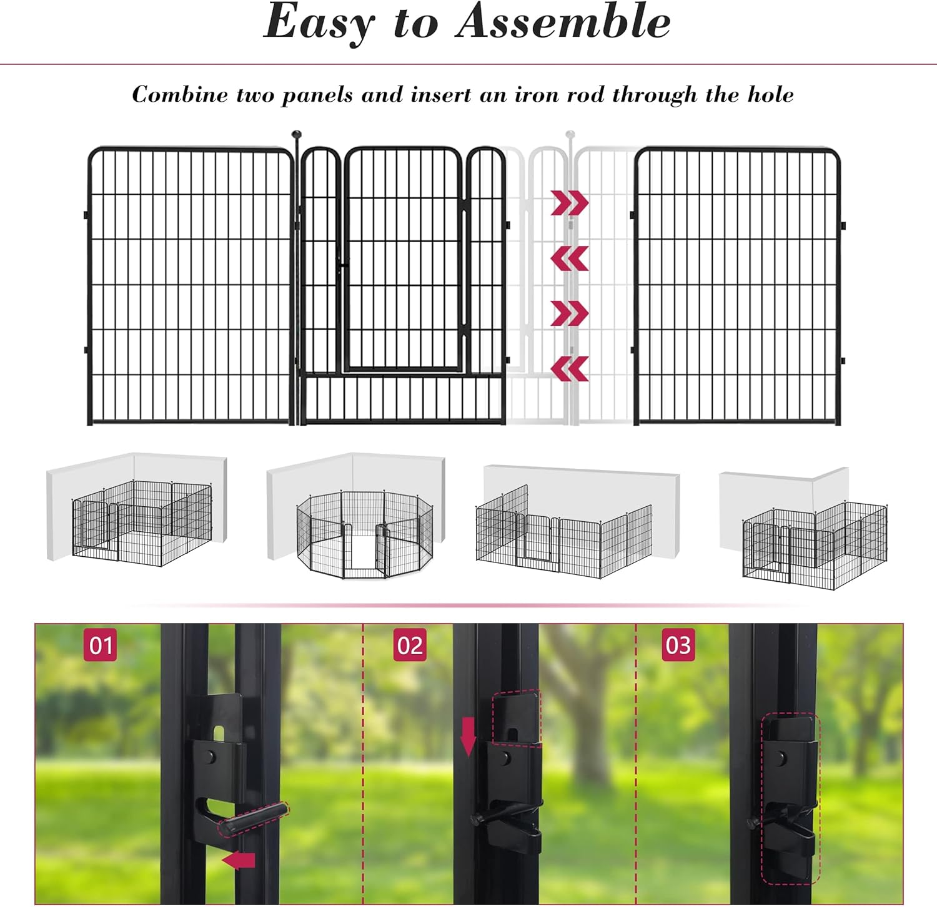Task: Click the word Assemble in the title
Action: point(563,22)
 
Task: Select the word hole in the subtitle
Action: point(770,95)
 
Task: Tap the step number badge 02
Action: point(410,645)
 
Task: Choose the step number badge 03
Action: point(678,645)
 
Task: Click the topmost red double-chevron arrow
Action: point(569,203)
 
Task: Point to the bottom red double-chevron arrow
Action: point(569,369)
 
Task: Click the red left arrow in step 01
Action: point(239,861)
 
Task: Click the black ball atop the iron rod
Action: point(297,134)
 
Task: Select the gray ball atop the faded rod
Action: point(570,134)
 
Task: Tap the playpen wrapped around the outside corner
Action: point(815,543)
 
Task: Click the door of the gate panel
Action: point(404,259)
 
